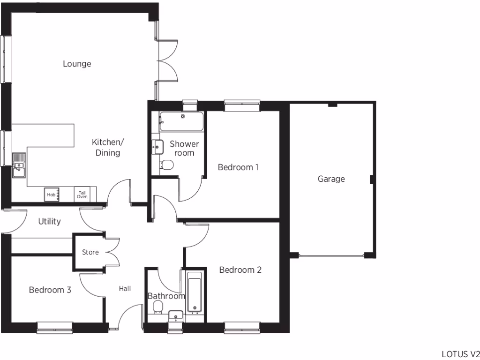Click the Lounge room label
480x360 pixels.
(x=77, y=64)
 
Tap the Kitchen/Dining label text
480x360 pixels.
(x=108, y=147)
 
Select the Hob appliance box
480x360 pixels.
(x=51, y=195)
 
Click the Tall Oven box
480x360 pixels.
(x=82, y=195)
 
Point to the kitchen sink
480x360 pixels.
(x=19, y=165)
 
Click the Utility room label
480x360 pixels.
(x=49, y=222)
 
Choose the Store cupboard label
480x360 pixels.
(x=90, y=252)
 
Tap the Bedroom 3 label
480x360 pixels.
(x=50, y=290)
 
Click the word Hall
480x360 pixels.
(x=125, y=289)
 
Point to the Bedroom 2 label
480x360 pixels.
(x=240, y=270)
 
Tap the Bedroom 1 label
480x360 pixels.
(x=239, y=167)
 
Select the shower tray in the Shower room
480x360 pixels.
(x=181, y=121)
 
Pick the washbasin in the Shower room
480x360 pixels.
(x=157, y=146)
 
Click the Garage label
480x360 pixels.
(x=331, y=179)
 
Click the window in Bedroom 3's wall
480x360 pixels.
(x=55, y=327)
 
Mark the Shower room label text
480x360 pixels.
(x=184, y=148)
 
